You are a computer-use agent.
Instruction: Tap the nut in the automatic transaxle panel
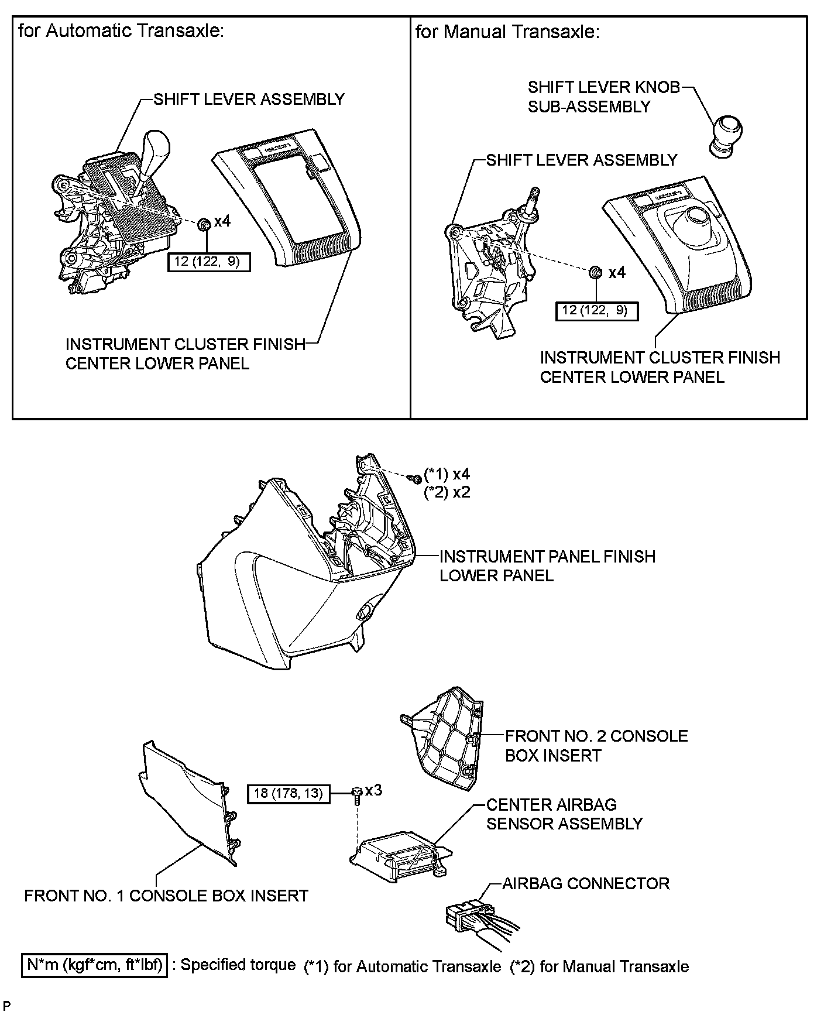[x=204, y=224]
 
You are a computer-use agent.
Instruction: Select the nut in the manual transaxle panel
[x=594, y=273]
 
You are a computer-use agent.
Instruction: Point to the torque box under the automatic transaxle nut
[x=209, y=262]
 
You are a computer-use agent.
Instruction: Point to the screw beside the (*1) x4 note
[x=416, y=478]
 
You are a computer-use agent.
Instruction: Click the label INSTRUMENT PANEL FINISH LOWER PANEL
[x=547, y=565]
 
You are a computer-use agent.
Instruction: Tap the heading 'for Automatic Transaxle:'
[x=121, y=32]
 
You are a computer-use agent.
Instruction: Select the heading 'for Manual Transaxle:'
[x=507, y=32]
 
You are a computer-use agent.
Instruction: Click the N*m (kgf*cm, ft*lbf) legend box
[x=95, y=965]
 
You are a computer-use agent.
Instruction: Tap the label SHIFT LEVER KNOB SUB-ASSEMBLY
[x=603, y=97]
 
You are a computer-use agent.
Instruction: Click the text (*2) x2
[x=447, y=492]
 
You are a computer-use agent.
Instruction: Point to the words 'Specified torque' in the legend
[x=238, y=965]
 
